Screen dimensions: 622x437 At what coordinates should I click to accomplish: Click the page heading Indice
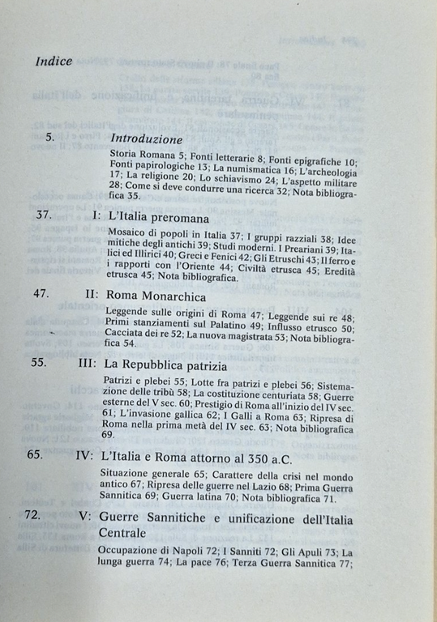[54, 61]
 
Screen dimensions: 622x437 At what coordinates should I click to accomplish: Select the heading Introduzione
[146, 138]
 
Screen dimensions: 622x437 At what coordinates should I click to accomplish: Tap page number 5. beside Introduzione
[49, 138]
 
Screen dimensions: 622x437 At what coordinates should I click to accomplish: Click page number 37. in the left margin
[39, 217]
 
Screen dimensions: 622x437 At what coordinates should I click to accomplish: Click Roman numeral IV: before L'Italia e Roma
[84, 455]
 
